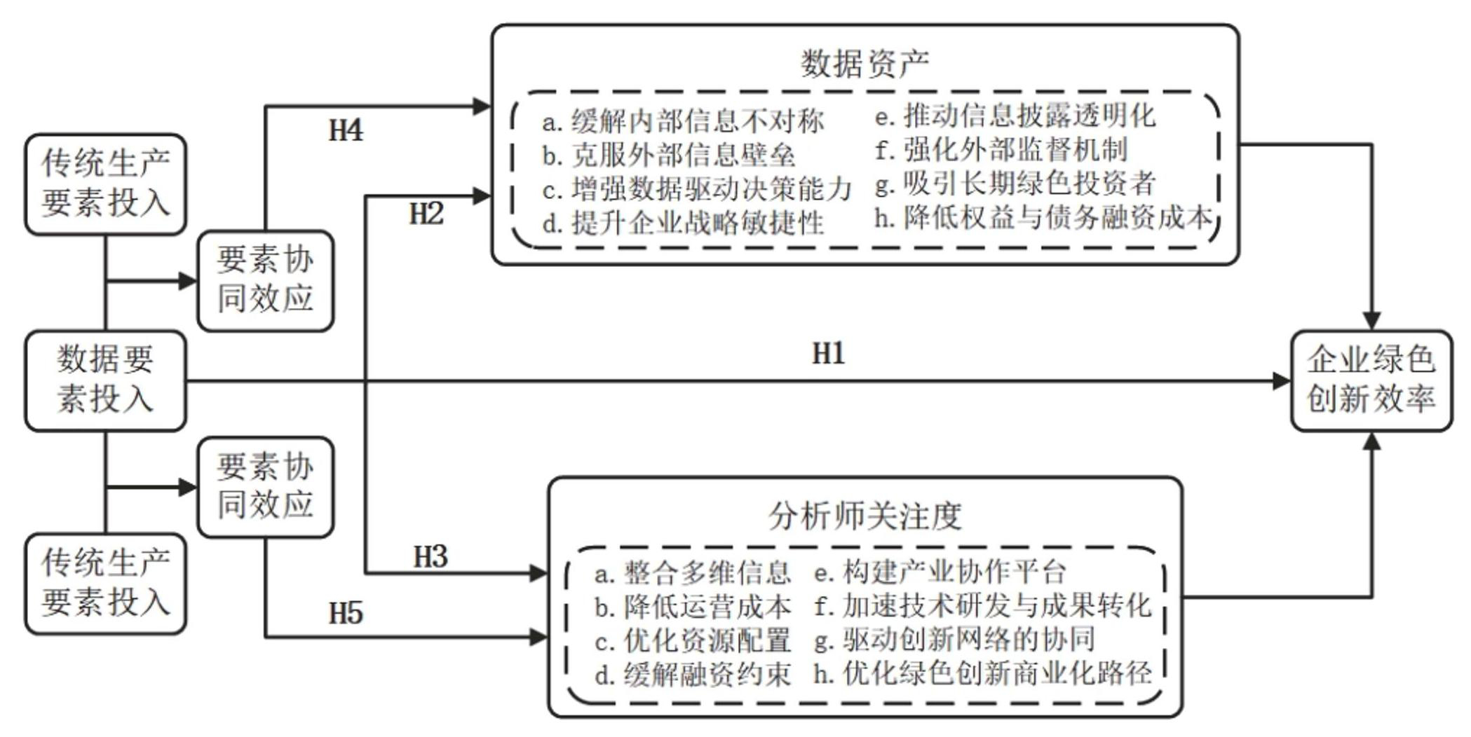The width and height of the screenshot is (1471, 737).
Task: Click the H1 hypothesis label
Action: click(x=828, y=354)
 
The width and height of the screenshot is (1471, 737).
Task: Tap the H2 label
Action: click(x=426, y=214)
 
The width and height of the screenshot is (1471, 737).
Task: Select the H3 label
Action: click(x=430, y=557)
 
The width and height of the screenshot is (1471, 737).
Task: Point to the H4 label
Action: click(x=346, y=130)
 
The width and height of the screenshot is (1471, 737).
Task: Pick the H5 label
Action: click(x=346, y=614)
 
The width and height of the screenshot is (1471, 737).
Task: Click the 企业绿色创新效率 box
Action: click(x=1371, y=380)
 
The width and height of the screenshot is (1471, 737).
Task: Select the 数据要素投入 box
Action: click(x=105, y=380)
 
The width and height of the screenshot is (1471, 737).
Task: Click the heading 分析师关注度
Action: click(x=865, y=517)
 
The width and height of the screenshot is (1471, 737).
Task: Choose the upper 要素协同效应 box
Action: click(x=265, y=280)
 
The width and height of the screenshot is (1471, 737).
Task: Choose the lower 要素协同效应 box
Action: click(x=265, y=487)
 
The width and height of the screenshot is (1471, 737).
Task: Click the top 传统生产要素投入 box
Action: click(x=105, y=184)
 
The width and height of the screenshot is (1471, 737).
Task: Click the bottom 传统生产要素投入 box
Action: click(x=105, y=584)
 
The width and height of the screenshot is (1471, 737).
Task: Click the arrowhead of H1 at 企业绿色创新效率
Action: click(x=1282, y=381)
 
